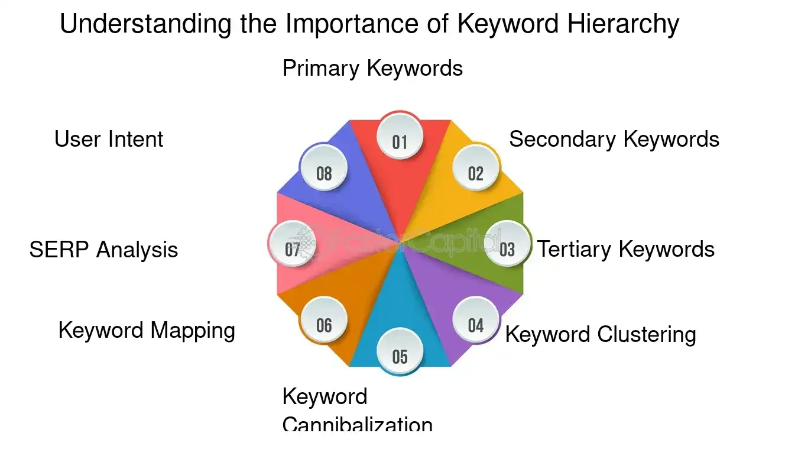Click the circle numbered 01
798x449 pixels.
click(x=400, y=142)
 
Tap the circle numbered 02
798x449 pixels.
click(x=476, y=173)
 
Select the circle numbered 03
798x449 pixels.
click(x=507, y=249)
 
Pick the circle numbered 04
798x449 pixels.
click(x=476, y=325)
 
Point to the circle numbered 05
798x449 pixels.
click(x=400, y=356)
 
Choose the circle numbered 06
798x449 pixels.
click(x=324, y=325)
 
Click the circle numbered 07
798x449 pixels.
click(x=293, y=249)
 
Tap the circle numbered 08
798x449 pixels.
click(x=324, y=173)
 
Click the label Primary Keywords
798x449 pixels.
click(x=372, y=68)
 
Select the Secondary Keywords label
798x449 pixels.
click(x=614, y=139)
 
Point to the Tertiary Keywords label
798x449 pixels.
click(x=626, y=249)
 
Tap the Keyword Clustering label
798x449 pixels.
click(x=601, y=334)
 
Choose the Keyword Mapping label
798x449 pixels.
click(x=147, y=330)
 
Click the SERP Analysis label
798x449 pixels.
click(x=103, y=250)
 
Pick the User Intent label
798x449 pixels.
click(x=109, y=139)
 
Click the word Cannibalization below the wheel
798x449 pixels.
click(x=358, y=424)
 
